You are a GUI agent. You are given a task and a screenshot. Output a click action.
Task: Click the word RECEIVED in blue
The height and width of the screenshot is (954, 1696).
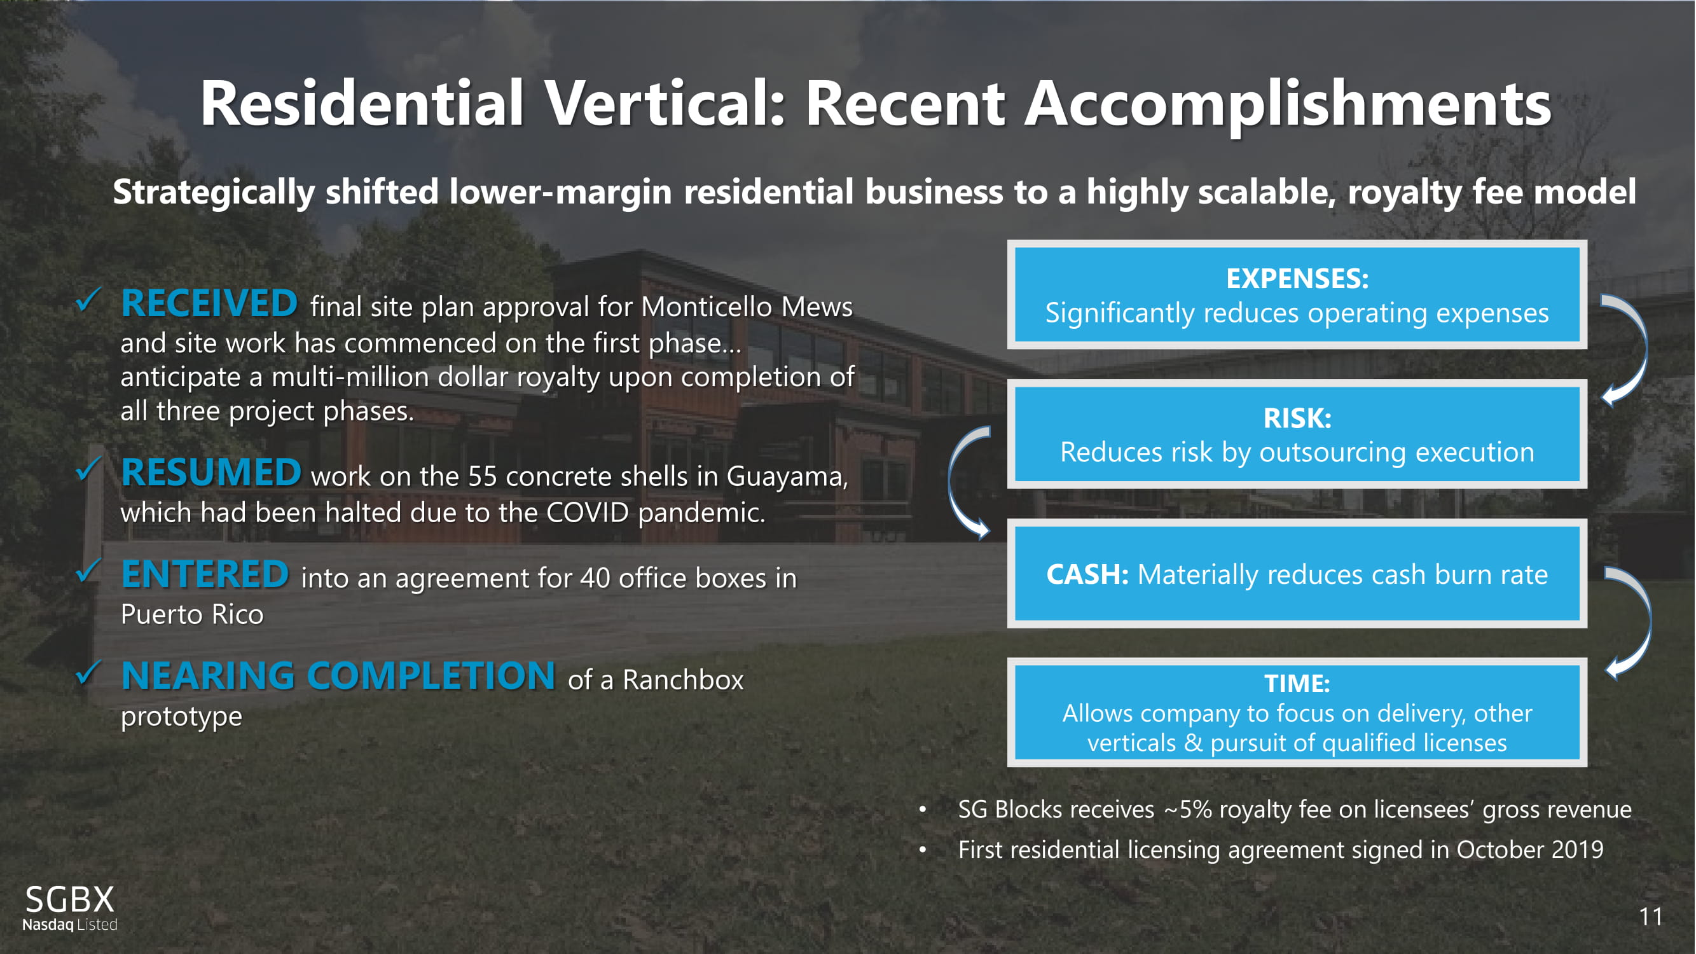(x=209, y=303)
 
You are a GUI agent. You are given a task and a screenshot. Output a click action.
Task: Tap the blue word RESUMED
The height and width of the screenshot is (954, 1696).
(x=210, y=473)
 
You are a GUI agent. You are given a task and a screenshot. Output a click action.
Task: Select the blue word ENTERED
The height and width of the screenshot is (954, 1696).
(x=205, y=574)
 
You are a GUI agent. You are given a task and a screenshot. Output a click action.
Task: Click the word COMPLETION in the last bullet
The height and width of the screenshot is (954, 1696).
(x=431, y=675)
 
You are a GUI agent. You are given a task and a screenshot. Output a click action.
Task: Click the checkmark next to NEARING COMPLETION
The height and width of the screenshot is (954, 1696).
(x=88, y=672)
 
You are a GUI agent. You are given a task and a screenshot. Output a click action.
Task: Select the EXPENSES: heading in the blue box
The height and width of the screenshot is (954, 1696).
(x=1297, y=279)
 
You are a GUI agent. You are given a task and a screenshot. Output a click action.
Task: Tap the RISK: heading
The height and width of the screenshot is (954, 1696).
(x=1297, y=418)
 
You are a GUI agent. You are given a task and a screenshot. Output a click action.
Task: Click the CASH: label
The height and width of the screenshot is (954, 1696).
(x=1087, y=574)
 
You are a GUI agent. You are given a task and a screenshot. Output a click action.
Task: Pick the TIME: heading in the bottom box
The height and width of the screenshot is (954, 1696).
(x=1297, y=684)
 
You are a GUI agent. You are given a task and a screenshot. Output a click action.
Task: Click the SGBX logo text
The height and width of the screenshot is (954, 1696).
(x=70, y=899)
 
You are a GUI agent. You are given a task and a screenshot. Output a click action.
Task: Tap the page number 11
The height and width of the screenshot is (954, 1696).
(x=1651, y=916)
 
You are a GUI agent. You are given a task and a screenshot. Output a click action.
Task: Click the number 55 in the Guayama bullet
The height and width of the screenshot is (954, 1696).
(x=483, y=476)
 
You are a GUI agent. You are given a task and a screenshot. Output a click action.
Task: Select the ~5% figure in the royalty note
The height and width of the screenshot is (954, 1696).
(x=1188, y=809)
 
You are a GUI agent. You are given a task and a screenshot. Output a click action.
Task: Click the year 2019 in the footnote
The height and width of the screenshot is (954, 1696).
(x=1577, y=850)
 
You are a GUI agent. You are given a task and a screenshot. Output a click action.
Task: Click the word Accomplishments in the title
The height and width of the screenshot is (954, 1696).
(x=1288, y=104)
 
